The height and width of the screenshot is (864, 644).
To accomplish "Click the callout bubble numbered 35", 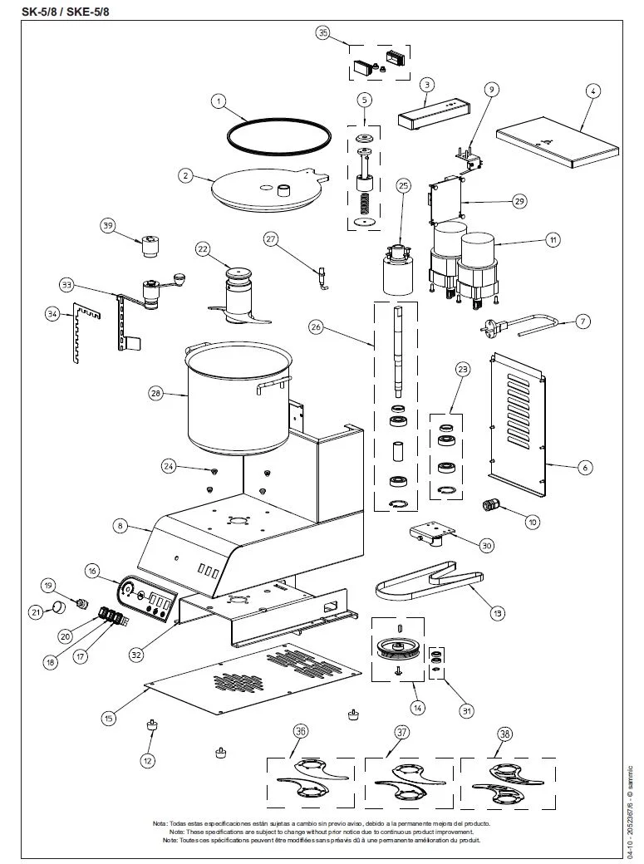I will tap(323, 33).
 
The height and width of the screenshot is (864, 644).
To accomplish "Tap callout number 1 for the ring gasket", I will tap(219, 101).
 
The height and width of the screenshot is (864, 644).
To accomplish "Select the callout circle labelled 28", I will tap(155, 394).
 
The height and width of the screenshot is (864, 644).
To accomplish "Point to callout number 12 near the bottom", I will tap(148, 759).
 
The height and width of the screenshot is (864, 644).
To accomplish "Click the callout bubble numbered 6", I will tap(584, 468).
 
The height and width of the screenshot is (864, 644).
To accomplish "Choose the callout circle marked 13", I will tap(498, 613).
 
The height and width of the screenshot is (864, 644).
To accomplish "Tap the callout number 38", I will tap(504, 734).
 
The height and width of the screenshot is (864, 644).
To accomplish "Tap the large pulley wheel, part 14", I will tap(401, 647).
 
